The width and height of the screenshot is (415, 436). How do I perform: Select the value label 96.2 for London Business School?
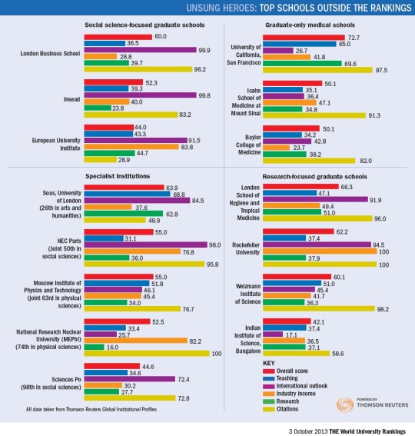[x=203, y=70]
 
